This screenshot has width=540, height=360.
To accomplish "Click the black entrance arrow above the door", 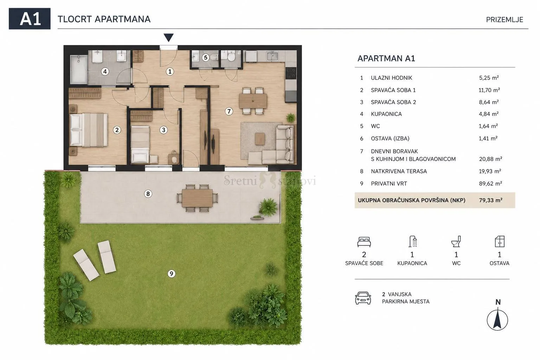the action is click(x=168, y=37).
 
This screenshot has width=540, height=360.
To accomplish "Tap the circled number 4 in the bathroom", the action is click(x=105, y=72).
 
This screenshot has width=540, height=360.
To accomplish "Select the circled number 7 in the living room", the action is click(x=229, y=111).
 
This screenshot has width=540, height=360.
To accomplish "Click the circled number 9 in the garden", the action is click(x=172, y=274).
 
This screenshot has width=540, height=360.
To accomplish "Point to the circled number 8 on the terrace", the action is click(x=148, y=194).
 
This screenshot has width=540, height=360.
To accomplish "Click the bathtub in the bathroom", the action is click(x=79, y=70).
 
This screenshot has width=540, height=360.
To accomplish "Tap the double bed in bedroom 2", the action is click(x=89, y=130).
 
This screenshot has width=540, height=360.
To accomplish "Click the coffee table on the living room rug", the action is click(x=260, y=139).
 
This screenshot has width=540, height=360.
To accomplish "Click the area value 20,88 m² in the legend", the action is click(x=490, y=159).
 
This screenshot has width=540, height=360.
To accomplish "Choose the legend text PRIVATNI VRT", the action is click(x=389, y=184).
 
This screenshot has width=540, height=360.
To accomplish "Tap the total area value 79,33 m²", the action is click(x=491, y=200).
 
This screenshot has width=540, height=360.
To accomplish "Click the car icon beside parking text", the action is click(x=363, y=298).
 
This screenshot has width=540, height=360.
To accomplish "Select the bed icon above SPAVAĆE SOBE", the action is click(x=364, y=242).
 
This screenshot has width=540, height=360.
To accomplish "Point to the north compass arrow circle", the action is click(x=497, y=320).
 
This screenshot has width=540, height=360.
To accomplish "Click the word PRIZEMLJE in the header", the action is click(x=504, y=20).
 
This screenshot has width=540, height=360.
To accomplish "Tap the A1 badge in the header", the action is click(x=30, y=19).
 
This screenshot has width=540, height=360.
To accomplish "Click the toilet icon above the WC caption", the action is click(x=456, y=242).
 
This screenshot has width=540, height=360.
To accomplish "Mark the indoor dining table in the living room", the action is click(x=253, y=101).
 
